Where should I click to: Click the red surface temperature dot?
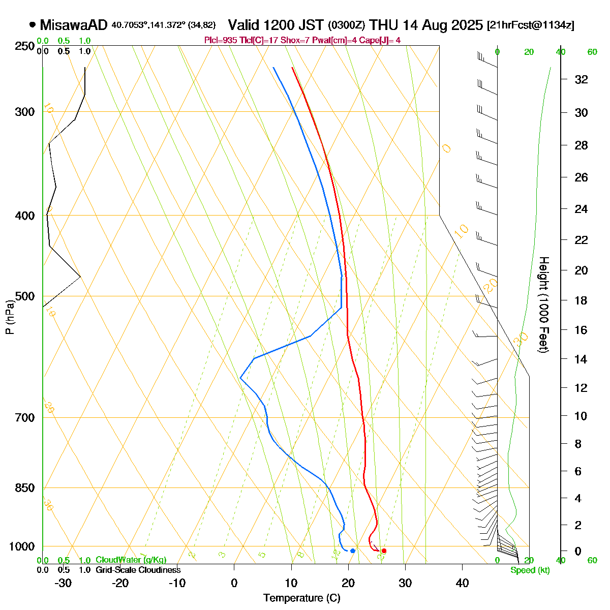(384, 551)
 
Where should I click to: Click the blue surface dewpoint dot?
(353, 551)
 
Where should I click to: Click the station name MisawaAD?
(74, 25)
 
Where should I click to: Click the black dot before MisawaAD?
(33, 24)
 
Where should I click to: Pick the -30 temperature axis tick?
(63, 583)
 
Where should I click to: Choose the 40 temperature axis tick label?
(462, 583)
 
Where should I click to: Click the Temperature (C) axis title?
(302, 598)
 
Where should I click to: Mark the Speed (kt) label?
(530, 570)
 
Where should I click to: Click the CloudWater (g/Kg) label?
(131, 560)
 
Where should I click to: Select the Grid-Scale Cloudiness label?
(138, 570)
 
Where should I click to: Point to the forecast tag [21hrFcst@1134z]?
(530, 25)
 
